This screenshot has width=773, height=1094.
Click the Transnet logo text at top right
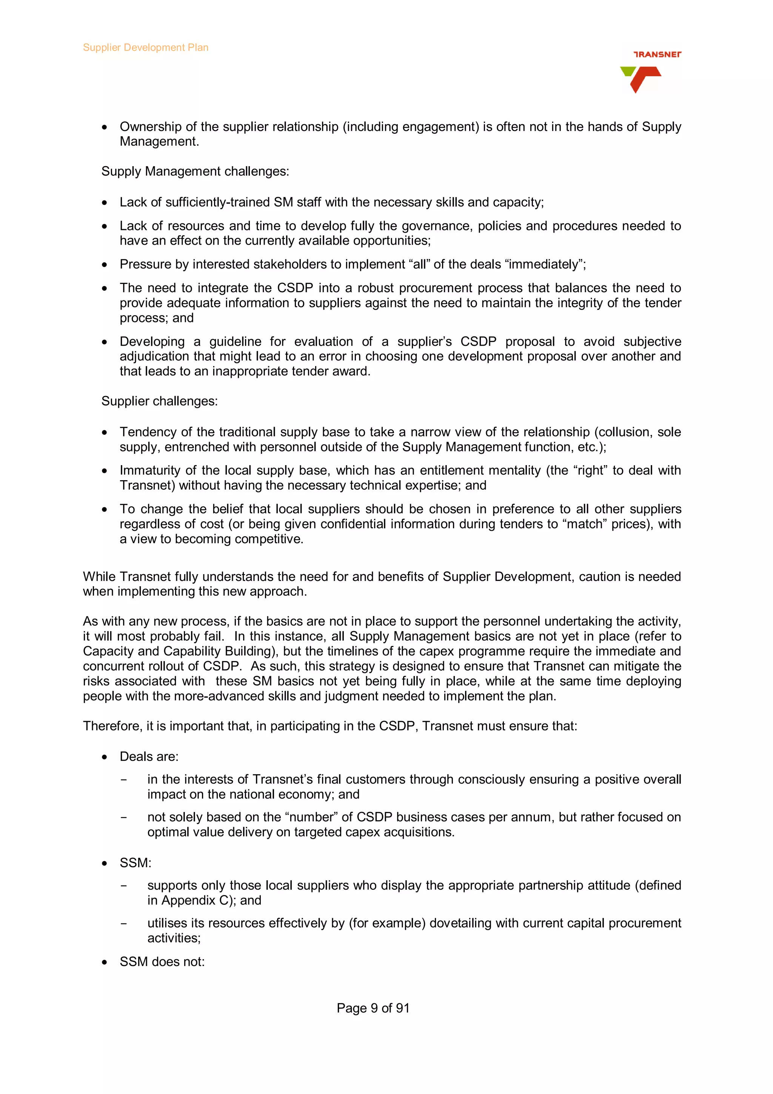pyautogui.click(x=657, y=54)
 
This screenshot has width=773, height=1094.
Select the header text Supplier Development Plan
pyautogui.click(x=145, y=47)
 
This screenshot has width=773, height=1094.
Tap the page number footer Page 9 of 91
pyautogui.click(x=373, y=1008)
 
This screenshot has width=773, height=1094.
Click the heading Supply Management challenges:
pyautogui.click(x=195, y=171)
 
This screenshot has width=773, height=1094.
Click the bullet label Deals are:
pyautogui.click(x=149, y=756)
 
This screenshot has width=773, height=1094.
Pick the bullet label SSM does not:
pyautogui.click(x=162, y=961)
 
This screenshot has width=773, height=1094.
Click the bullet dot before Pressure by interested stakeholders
pyautogui.click(x=104, y=265)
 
